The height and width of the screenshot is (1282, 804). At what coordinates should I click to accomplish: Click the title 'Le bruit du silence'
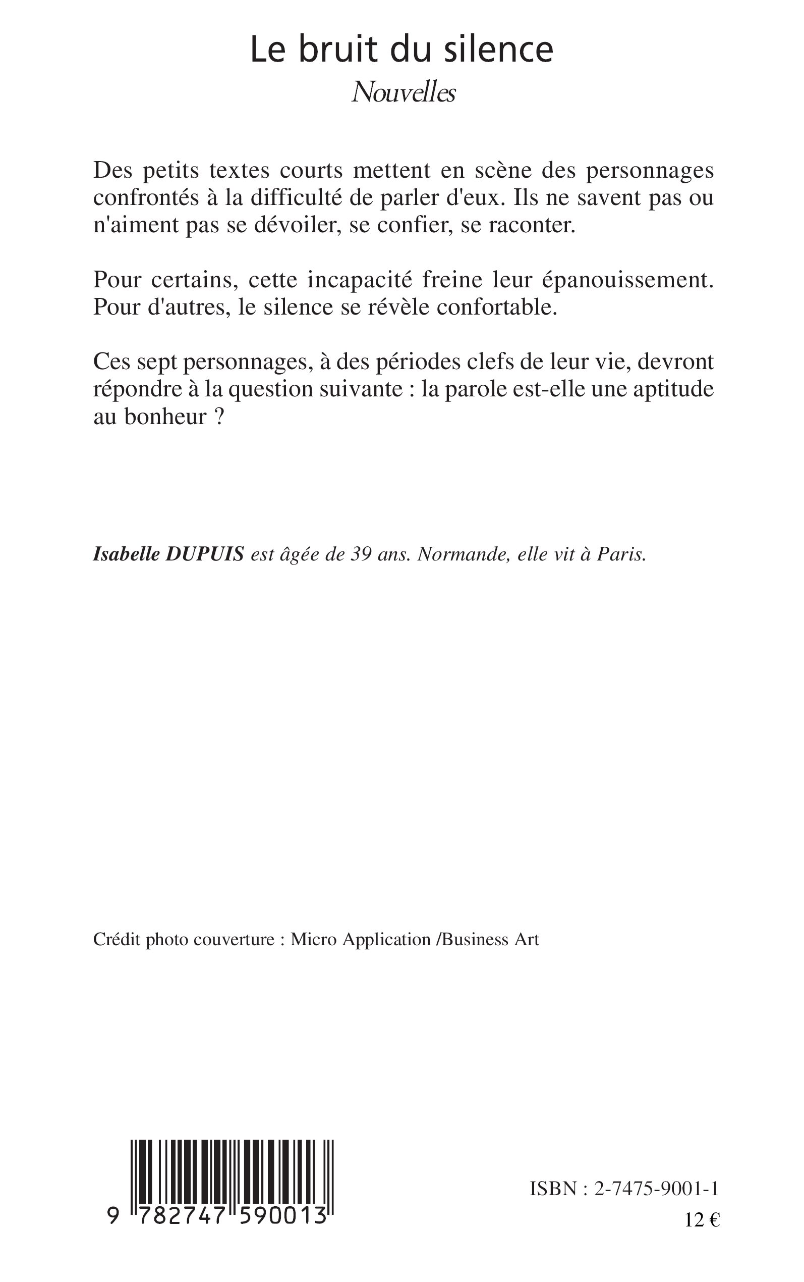pos(401,49)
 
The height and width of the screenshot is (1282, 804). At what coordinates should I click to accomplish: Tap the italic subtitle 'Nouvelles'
pos(404,93)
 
